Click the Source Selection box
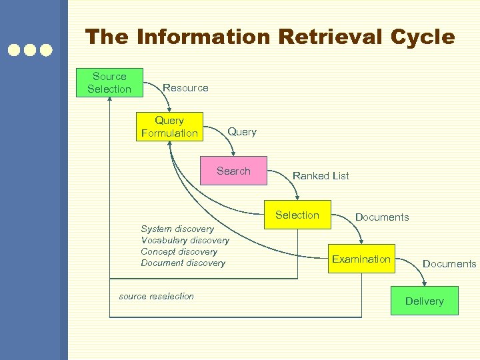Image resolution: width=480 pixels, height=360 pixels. tap(109, 83)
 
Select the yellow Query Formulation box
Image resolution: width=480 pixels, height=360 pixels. tap(169, 127)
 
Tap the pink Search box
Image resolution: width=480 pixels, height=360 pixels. tap(233, 171)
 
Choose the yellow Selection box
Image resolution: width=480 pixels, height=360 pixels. tap(297, 215)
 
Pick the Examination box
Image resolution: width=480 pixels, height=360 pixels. tap(361, 259)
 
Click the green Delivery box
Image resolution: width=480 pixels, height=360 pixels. tap(424, 301)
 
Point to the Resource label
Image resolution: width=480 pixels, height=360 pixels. tap(185, 88)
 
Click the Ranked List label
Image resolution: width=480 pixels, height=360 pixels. tap(321, 176)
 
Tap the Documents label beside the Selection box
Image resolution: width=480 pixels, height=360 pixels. tap(382, 217)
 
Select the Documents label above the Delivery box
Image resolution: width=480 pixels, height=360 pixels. tap(449, 264)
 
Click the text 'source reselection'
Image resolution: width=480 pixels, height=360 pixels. tap(156, 297)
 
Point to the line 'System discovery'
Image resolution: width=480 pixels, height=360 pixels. tap(177, 229)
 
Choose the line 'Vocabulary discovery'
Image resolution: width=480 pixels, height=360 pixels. tap(185, 241)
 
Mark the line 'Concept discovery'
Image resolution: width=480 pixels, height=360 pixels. tap(179, 252)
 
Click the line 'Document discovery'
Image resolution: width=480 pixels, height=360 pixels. tap(183, 263)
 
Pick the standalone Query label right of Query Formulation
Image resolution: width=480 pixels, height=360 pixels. tap(242, 132)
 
